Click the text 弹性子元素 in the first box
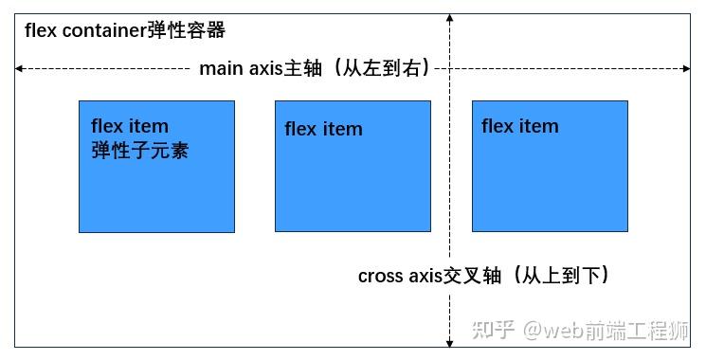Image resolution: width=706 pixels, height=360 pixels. (139, 150)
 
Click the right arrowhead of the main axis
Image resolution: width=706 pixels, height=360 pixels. (687, 68)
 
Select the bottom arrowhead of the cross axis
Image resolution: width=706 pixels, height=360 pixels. (450, 342)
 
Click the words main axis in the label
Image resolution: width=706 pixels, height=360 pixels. (235, 69)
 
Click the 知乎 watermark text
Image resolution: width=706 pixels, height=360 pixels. (493, 330)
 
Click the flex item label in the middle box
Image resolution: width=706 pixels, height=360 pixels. (323, 129)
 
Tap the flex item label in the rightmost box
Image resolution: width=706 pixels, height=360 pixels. (519, 126)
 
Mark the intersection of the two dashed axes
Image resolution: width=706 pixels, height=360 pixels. (450, 68)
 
